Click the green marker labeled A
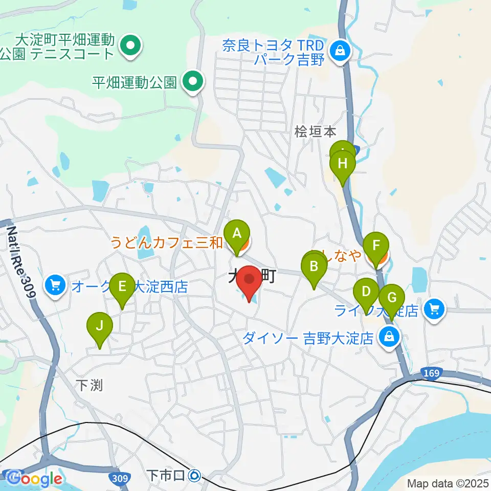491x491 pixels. pyautogui.click(x=237, y=234)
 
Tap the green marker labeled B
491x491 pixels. pyautogui.click(x=314, y=267)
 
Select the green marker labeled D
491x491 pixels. pyautogui.click(x=366, y=292)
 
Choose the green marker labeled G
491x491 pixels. pyautogui.click(x=392, y=298)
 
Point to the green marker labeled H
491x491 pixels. pyautogui.click(x=342, y=165)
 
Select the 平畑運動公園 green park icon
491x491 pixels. pyautogui.click(x=192, y=81)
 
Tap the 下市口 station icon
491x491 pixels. pyautogui.click(x=194, y=476)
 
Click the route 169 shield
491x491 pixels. pyautogui.click(x=431, y=374)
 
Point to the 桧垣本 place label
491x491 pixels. pyautogui.click(x=316, y=132)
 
